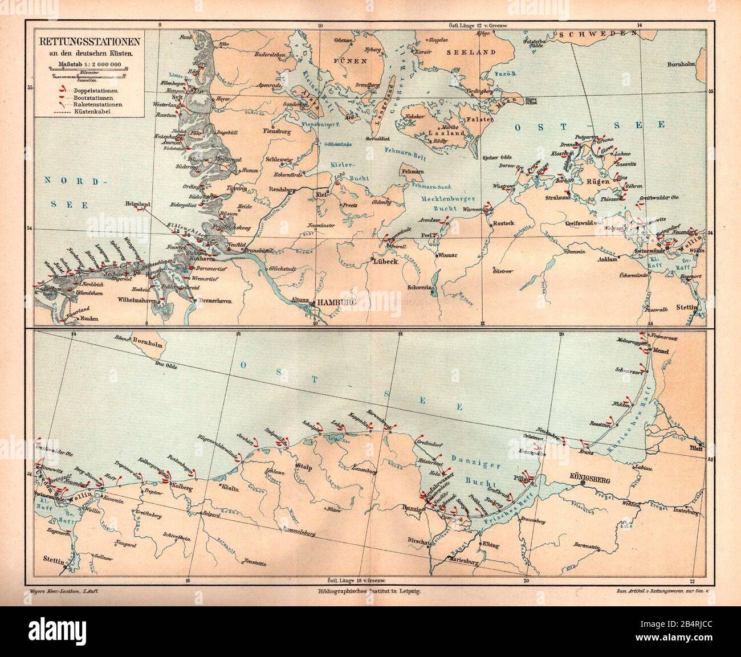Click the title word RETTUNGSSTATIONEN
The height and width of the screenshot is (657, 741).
(x=90, y=43)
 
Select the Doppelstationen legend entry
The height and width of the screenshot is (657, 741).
(x=95, y=91)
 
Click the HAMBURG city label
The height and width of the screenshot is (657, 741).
(x=336, y=302)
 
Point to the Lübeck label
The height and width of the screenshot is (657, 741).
(x=385, y=263)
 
